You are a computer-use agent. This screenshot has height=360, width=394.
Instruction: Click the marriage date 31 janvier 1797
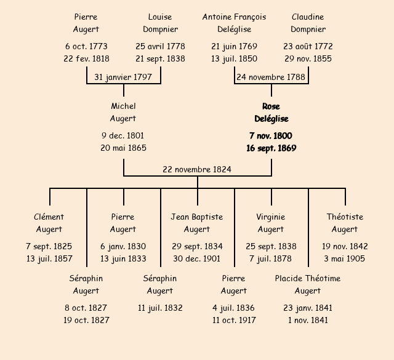123,77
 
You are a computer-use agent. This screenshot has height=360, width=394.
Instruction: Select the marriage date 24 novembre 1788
271,77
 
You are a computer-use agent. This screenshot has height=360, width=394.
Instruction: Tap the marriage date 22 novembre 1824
197,169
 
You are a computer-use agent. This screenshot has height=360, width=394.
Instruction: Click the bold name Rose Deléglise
271,113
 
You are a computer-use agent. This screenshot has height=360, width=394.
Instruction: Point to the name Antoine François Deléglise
234,23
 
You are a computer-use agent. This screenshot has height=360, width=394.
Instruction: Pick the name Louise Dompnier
160,23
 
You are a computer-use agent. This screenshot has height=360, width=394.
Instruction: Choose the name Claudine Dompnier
308,23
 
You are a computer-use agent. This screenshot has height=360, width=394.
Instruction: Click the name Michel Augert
123,113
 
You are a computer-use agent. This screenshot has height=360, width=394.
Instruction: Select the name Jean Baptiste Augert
197,223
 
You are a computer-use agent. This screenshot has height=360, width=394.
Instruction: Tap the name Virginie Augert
271,223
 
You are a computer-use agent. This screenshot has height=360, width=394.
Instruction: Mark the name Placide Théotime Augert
308,284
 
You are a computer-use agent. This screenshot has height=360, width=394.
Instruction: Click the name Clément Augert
49,223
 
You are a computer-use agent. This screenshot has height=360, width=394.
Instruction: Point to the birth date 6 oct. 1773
86,46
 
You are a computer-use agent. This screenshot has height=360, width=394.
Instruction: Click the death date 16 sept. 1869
271,148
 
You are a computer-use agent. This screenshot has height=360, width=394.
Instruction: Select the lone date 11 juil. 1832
160,308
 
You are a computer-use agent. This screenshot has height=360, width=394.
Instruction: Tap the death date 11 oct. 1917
234,320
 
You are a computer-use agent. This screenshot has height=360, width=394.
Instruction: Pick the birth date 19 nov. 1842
345,246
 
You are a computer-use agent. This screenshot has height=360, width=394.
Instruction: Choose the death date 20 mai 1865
123,148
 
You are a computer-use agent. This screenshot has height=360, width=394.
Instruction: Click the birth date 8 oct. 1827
86,308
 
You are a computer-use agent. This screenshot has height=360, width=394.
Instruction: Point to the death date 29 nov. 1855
308,59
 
